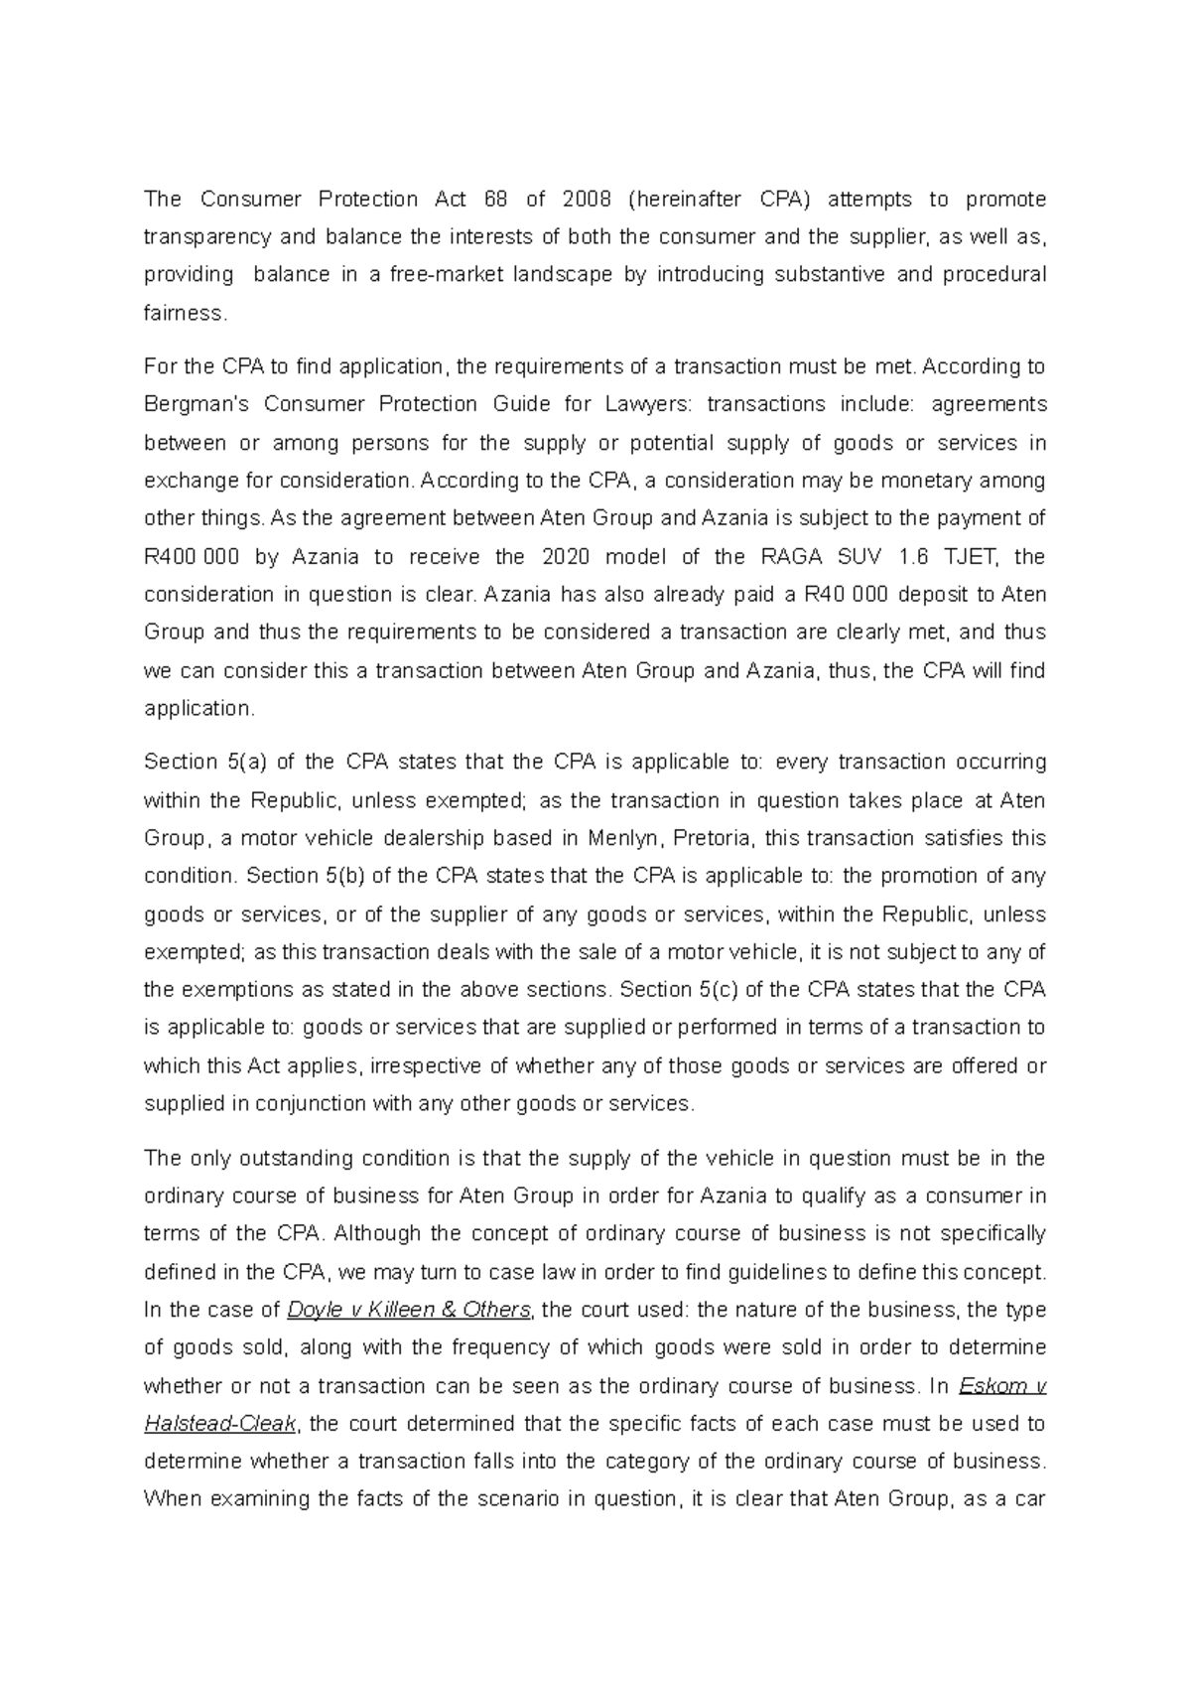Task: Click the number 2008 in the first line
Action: coord(586,199)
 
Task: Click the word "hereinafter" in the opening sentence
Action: coord(691,199)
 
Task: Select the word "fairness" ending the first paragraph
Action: coord(185,313)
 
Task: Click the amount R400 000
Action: coord(192,557)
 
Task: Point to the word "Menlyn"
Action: coord(626,838)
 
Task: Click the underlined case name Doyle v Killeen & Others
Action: coord(408,1310)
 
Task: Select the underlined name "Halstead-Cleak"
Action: coord(220,1424)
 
